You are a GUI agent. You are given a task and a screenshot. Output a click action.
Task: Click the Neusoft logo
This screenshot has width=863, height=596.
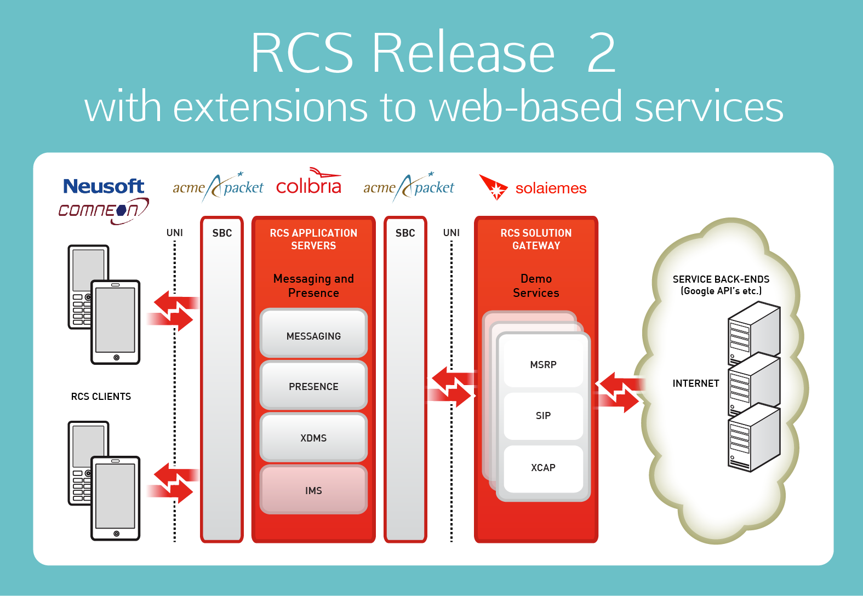[x=104, y=186]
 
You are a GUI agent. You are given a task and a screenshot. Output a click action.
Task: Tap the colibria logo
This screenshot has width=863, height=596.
[x=309, y=185]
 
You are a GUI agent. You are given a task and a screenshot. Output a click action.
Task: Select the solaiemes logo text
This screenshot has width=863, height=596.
[x=551, y=188]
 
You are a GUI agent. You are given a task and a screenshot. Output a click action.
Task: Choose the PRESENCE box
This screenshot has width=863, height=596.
[x=313, y=386]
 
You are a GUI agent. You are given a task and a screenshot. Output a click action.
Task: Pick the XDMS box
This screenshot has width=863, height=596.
[x=313, y=438]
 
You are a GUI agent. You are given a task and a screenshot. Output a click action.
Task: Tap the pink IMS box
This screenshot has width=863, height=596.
[x=313, y=490]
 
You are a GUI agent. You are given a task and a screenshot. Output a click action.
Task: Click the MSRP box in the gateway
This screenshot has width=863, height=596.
[x=543, y=364]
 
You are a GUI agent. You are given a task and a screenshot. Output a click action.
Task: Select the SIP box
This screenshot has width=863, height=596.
[x=543, y=416]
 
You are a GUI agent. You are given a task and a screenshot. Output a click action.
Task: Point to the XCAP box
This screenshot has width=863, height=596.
[x=543, y=468]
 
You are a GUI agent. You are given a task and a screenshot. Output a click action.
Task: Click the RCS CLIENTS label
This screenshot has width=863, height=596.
[x=101, y=397]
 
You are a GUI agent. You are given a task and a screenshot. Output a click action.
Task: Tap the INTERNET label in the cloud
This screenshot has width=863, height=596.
[x=695, y=383]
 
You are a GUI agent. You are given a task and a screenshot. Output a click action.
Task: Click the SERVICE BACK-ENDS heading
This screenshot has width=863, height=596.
[x=721, y=279]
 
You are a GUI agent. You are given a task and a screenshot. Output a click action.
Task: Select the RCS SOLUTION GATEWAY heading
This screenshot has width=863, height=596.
[x=536, y=239]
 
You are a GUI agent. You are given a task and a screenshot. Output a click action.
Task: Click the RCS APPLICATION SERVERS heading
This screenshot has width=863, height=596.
[x=313, y=239]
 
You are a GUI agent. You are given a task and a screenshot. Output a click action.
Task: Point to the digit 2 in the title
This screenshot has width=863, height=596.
[x=602, y=53]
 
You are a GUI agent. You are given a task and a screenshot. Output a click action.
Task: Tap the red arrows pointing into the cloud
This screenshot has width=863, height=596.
[x=619, y=392]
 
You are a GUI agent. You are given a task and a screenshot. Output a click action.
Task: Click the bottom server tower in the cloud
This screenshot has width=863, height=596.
[x=753, y=438]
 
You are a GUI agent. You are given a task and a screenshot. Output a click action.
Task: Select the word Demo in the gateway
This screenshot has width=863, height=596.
[x=536, y=279]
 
